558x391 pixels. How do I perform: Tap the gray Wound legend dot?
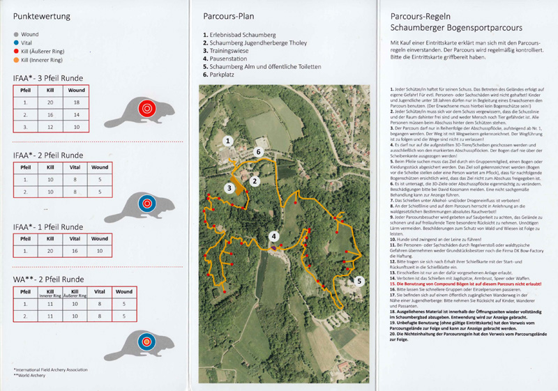click(16, 33)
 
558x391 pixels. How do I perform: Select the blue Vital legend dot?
click(16, 42)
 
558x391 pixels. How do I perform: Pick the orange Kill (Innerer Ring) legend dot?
click(16, 60)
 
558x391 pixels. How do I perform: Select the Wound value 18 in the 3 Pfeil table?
click(77, 102)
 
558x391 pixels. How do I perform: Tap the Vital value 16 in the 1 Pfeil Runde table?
click(77, 250)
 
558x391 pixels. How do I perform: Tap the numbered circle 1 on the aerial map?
click(227, 141)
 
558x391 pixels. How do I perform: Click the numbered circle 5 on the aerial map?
click(359, 281)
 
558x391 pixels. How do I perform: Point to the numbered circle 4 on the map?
click(274, 236)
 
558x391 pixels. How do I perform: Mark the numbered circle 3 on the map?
click(229, 187)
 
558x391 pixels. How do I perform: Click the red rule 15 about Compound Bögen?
click(465, 284)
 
